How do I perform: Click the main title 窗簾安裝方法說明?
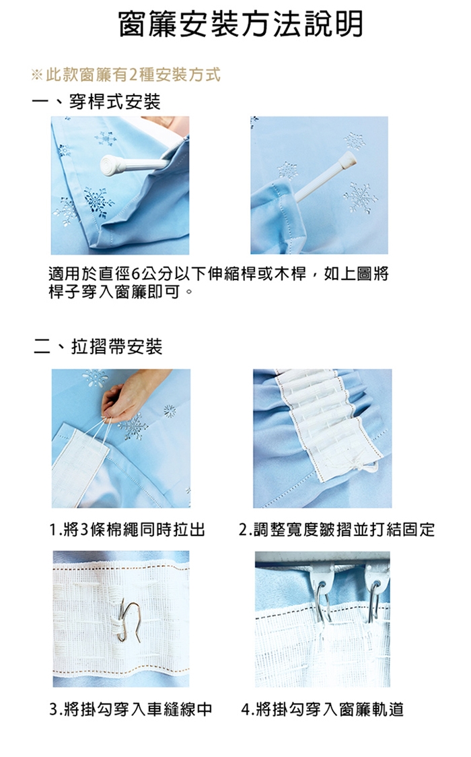click(241, 24)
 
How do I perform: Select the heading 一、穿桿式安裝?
click(96, 102)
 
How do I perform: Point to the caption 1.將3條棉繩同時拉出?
click(127, 529)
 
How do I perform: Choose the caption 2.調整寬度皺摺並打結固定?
click(336, 529)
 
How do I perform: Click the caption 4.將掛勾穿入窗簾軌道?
click(322, 709)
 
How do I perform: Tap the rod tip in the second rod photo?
click(348, 158)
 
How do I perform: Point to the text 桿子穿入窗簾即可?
click(114, 292)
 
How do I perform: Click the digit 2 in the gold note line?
click(133, 75)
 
